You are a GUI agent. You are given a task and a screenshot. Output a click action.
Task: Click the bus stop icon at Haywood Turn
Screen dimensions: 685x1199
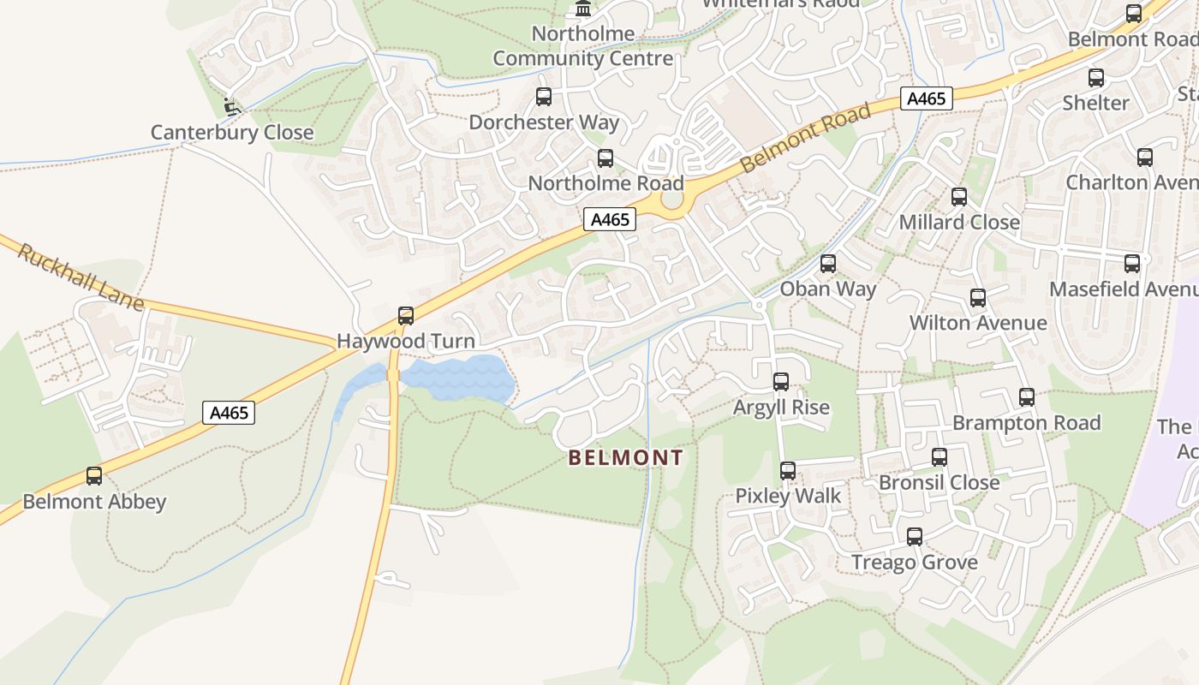pos(406,316)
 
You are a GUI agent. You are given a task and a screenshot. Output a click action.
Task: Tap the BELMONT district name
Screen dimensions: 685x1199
pos(626,458)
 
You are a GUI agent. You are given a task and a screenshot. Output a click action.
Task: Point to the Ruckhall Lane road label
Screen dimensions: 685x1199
pos(80,277)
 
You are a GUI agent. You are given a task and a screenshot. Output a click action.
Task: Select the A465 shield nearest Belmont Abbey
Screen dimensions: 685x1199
pos(230,413)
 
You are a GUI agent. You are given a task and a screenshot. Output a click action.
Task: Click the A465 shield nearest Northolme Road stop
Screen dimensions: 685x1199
pos(611,219)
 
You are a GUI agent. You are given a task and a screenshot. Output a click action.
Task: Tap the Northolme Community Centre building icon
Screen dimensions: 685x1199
pos(583,9)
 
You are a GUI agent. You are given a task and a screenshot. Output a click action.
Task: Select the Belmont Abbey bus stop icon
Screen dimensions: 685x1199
pos(94,476)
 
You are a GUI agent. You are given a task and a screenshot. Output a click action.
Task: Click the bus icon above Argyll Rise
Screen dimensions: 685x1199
pos(781,382)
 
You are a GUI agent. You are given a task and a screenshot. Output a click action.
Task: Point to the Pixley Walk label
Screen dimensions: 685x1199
pos(788,496)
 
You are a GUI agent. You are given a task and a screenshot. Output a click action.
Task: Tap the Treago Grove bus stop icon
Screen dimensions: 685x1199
pos(915,537)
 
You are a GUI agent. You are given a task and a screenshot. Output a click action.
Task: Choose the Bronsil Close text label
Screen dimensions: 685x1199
pos(939,483)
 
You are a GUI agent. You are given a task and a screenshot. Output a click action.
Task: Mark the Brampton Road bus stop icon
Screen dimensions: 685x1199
pos(1027,397)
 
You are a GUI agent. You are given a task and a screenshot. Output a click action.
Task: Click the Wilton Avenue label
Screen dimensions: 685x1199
pos(977,323)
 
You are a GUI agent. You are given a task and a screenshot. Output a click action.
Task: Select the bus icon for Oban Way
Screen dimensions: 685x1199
pos(827,264)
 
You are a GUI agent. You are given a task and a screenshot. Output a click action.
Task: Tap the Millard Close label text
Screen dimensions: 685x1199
pos(959,223)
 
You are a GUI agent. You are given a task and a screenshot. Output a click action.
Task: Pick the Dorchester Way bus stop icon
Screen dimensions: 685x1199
pos(544,97)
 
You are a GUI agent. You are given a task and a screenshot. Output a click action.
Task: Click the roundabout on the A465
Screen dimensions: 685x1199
pos(673,199)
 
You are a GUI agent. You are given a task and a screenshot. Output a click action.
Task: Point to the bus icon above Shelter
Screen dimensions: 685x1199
pos(1096,78)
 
